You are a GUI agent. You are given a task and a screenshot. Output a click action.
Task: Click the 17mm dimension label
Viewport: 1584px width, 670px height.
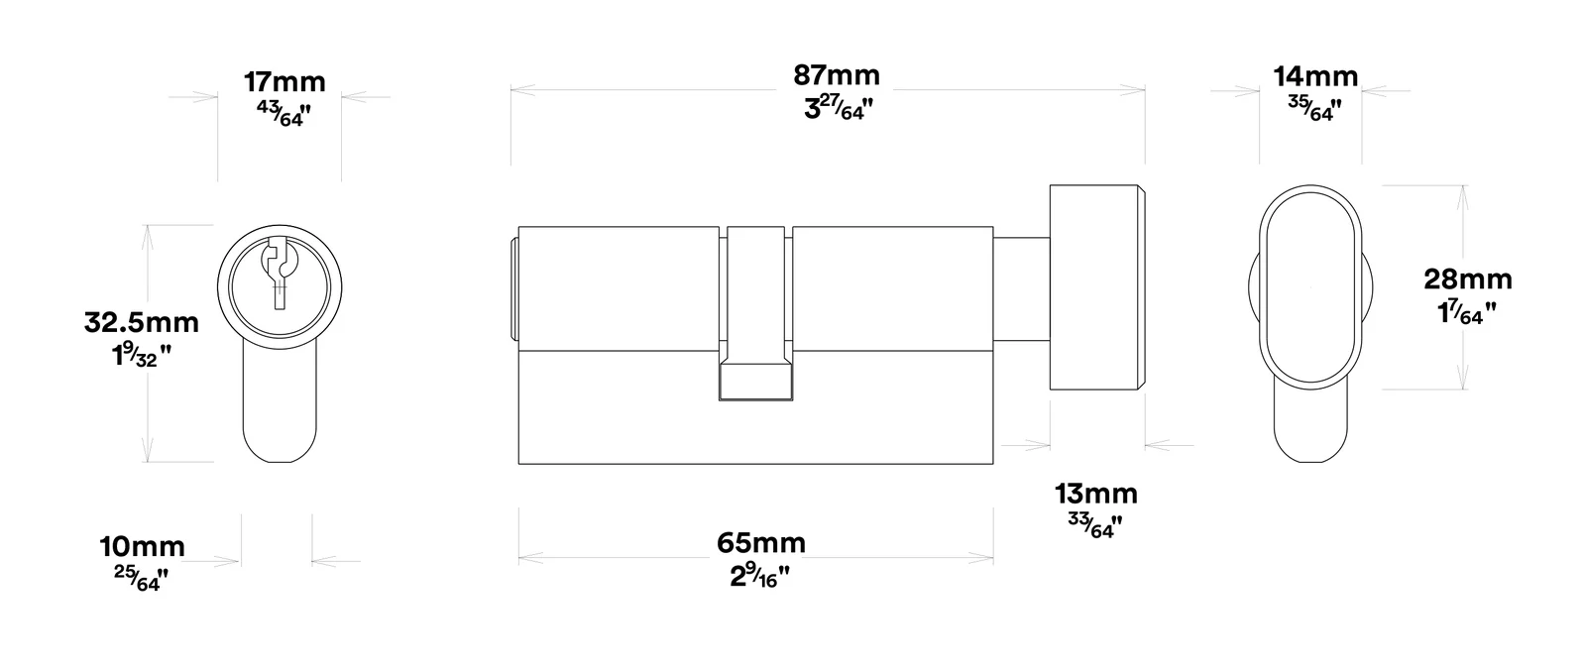coord(284,82)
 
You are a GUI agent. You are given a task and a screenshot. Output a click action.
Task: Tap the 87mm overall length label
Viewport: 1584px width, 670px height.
coord(837,75)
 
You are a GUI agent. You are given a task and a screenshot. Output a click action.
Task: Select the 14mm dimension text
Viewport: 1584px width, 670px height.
coord(1315,77)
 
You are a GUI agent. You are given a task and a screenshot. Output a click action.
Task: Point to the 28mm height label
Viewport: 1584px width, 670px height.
coord(1468,279)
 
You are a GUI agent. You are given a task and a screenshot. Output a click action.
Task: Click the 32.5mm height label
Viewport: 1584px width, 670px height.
coord(142,323)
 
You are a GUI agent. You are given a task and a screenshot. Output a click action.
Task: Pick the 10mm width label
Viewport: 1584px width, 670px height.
coord(142,547)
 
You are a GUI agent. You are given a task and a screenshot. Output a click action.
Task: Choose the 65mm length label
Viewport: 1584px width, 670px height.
coord(761,543)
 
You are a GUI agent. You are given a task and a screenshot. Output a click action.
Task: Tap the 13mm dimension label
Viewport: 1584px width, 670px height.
coord(1096,494)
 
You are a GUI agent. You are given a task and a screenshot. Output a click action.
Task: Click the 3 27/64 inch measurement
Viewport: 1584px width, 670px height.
coord(839,107)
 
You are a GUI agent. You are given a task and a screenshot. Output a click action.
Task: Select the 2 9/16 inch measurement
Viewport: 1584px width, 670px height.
coord(759,576)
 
